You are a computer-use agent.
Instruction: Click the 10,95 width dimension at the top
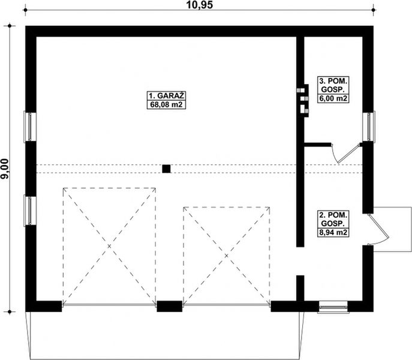coord(200,5)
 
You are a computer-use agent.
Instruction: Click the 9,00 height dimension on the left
coord(5,169)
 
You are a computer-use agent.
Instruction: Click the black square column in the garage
coord(166,169)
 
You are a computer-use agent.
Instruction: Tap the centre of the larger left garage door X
coord(109,247)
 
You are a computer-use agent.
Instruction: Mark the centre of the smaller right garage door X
coord(227,256)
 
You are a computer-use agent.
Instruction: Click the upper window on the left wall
coord(28,127)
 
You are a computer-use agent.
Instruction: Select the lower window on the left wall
coord(28,211)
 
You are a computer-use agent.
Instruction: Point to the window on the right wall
coord(370,127)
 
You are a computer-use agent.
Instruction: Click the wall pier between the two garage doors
coord(169,307)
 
